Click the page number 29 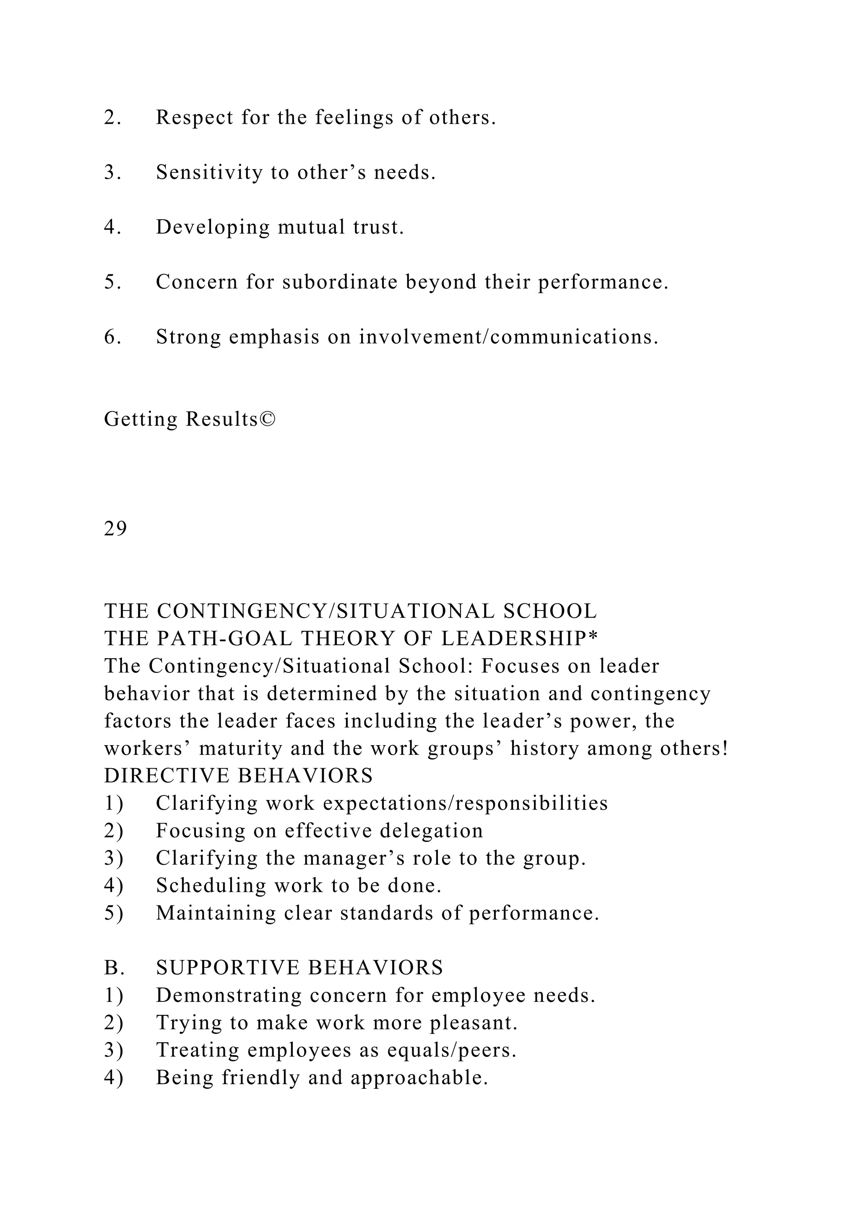115,529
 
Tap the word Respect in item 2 194,117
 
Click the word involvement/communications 509,337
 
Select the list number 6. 112,337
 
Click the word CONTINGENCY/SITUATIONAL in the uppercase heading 326,611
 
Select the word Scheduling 211,886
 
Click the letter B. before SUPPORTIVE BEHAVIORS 114,968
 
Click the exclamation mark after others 725,748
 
